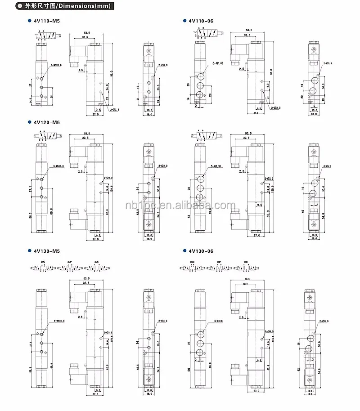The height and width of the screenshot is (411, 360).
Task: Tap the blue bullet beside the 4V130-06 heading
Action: [x=184, y=251]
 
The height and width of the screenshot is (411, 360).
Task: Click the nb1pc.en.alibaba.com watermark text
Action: [x=180, y=205]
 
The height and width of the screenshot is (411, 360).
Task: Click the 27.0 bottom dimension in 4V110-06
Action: [x=255, y=113]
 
